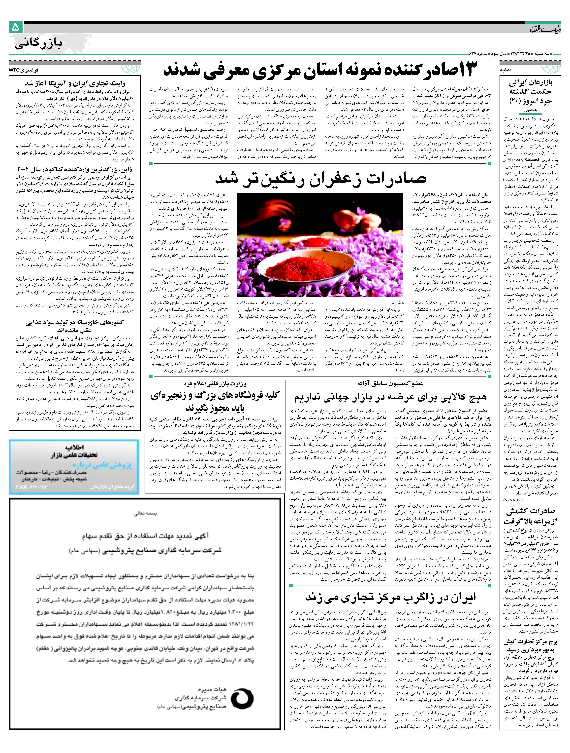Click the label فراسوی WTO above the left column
pyautogui.click(x=24, y=70)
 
